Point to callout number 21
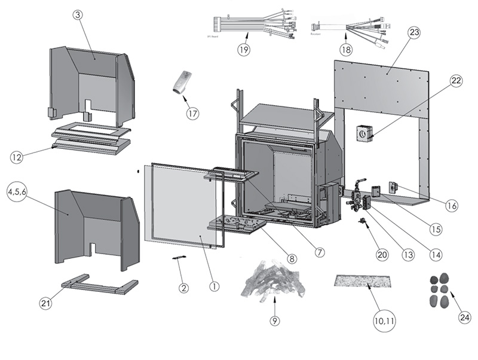coord(45,303)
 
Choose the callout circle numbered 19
coord(243,50)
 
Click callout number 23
coord(414,33)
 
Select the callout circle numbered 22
coord(456,81)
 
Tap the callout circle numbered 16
coord(452,205)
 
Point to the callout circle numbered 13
coord(407,254)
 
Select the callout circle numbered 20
coord(382,254)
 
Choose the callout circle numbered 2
coord(184,287)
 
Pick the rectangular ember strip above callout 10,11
coord(363,280)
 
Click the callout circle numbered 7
coord(320,252)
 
